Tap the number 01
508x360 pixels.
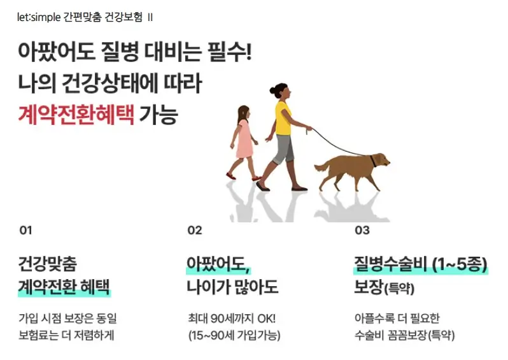25,231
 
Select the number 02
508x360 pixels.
195,231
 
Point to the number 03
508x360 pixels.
362,231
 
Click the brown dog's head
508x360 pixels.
381,159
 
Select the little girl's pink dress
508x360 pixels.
244,142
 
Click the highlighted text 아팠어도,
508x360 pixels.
218,263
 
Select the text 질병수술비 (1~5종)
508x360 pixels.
421,263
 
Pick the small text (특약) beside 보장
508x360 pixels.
399,289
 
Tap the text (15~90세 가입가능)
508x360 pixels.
234,335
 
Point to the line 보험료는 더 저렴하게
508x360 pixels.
66,335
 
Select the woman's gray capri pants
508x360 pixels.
283,148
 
